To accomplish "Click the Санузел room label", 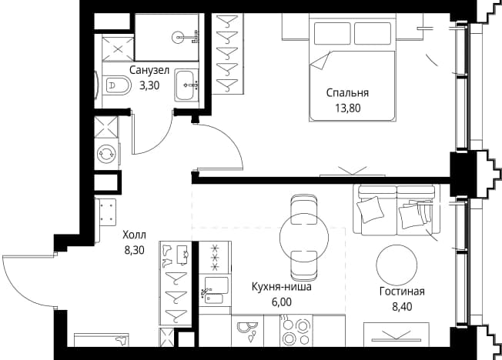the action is coord(149,71).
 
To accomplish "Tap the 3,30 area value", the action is coord(149,85).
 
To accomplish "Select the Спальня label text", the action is coord(347,93).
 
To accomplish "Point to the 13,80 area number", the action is coord(348,108).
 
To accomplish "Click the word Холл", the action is coord(135,235).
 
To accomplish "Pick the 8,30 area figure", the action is coord(135,250).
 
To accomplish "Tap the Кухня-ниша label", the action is coord(282,286).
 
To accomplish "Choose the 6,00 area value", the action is coord(282,302).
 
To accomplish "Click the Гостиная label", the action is coord(402,292).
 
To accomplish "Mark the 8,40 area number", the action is coord(402,307).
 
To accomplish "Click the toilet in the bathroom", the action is coord(117,85).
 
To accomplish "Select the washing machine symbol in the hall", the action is coord(105,154).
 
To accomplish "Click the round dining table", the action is coord(304,238).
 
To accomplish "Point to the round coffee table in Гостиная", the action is coord(397,265).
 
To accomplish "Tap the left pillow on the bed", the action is coord(332,34).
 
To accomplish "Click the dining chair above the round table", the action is coord(303,208).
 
